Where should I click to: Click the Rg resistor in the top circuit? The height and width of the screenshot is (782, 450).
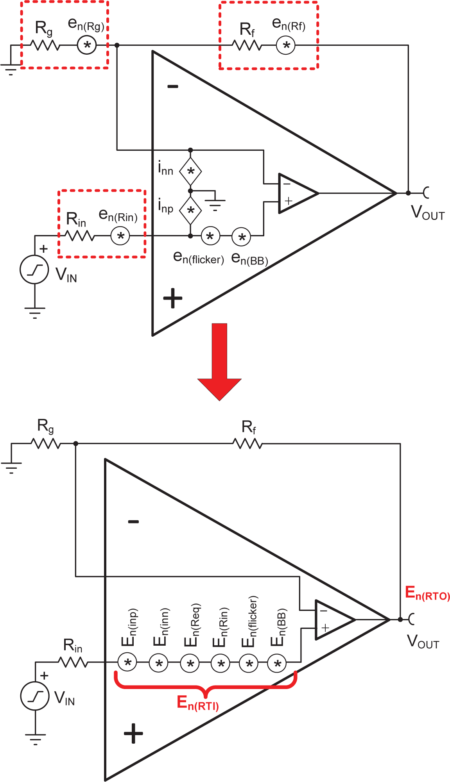coord(45,45)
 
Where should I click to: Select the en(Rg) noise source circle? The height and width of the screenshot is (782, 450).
coord(87,45)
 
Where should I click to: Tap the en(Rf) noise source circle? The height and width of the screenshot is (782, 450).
coord(286,45)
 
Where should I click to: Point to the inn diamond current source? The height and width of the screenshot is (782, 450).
coord(190,171)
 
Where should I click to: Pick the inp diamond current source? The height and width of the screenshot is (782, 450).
coord(190,211)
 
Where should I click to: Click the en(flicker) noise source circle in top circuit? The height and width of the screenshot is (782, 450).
coord(210,236)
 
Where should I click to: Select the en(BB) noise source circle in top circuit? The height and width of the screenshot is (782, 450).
coord(242,237)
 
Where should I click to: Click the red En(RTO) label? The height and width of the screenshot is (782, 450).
coord(427,593)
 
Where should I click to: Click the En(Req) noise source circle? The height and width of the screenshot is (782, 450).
coord(190,663)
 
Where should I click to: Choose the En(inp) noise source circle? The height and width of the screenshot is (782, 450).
coord(127,662)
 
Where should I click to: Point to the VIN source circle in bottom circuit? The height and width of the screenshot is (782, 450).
coord(35,696)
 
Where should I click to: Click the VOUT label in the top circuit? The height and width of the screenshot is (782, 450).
coord(428,212)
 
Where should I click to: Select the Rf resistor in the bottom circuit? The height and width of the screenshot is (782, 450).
coord(247,444)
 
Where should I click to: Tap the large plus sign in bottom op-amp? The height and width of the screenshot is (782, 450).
coord(133,734)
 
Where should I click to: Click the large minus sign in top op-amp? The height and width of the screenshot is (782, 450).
coord(173,86)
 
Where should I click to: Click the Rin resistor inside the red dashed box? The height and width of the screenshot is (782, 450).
coord(79,236)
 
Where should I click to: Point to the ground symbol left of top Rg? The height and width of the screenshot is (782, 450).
coord(11,69)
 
